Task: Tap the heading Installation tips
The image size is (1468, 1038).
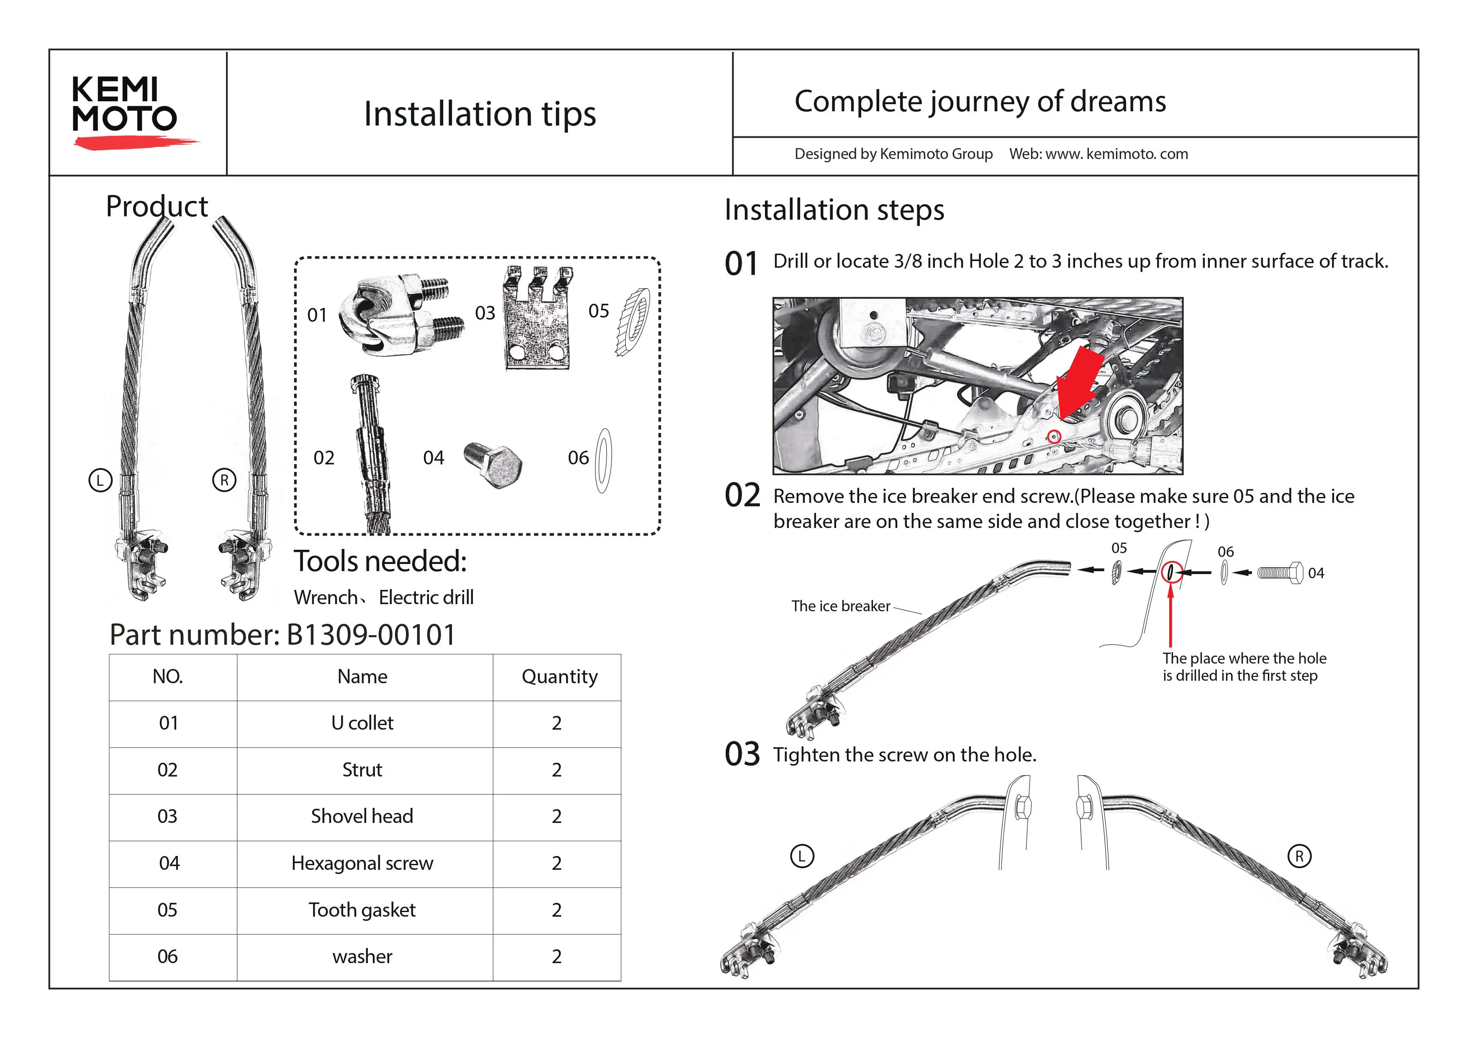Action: pos(480,114)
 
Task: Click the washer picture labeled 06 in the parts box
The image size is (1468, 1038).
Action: pos(603,460)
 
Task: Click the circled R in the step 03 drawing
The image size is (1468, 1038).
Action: pos(1299,856)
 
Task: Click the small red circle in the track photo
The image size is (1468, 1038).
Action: pos(1054,436)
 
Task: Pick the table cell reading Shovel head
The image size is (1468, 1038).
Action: pos(362,816)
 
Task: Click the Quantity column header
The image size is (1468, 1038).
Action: pos(559,676)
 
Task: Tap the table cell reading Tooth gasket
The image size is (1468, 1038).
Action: pos(362,910)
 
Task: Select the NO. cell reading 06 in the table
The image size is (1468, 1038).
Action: pos(167,956)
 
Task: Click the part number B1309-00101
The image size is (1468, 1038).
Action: pos(371,635)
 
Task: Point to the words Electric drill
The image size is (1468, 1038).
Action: pos(426,597)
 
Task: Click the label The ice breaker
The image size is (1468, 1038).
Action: pos(840,606)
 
